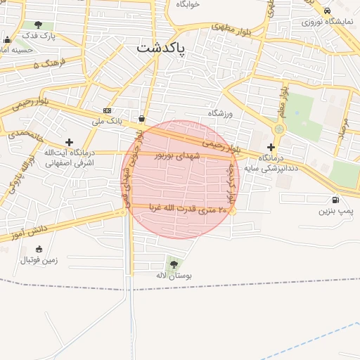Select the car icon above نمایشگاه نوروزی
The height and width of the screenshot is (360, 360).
328,11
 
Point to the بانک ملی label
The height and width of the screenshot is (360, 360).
107,121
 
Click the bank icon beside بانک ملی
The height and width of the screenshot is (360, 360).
107,110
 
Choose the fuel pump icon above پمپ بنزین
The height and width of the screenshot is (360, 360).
334,200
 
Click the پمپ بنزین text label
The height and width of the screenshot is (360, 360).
334,210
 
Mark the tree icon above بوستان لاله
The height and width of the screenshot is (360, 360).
174,264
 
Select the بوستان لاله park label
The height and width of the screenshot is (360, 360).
174,276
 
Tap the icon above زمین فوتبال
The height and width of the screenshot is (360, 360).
39,249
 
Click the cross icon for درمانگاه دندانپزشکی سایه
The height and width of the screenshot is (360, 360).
271,148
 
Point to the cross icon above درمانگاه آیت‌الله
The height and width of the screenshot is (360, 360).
69,142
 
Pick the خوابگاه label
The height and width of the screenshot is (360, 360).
188,4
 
